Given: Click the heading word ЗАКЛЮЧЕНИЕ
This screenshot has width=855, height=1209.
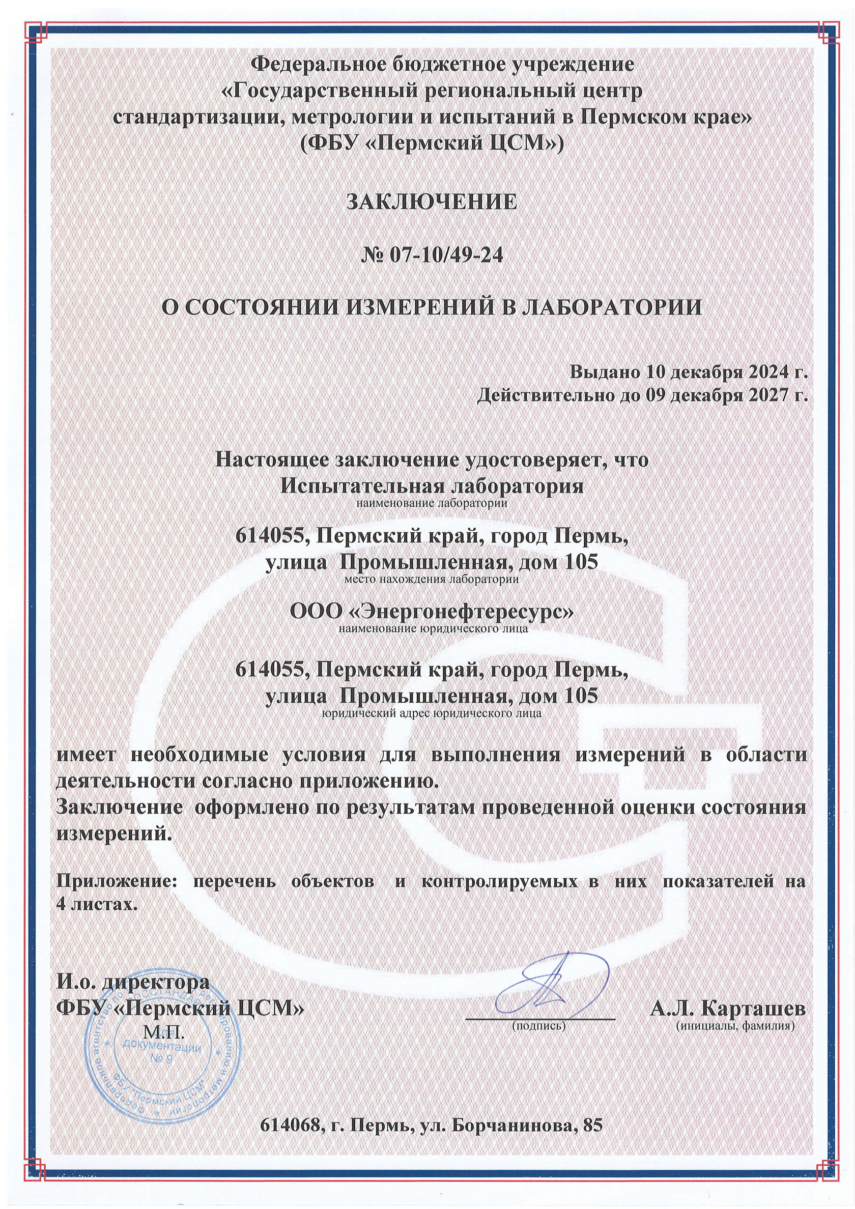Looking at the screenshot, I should (x=431, y=202).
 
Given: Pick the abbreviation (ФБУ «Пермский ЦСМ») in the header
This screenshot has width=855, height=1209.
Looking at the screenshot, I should (x=431, y=141).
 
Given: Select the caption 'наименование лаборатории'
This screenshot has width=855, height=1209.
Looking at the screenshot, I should (x=431, y=503).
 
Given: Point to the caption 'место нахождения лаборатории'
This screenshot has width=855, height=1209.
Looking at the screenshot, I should (x=431, y=580).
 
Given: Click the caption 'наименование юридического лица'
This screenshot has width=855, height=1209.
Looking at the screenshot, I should (x=432, y=628).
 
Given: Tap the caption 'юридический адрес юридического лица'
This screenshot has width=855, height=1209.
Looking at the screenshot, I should (x=431, y=714).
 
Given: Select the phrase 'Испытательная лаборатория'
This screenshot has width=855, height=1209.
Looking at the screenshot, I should (x=431, y=485).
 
